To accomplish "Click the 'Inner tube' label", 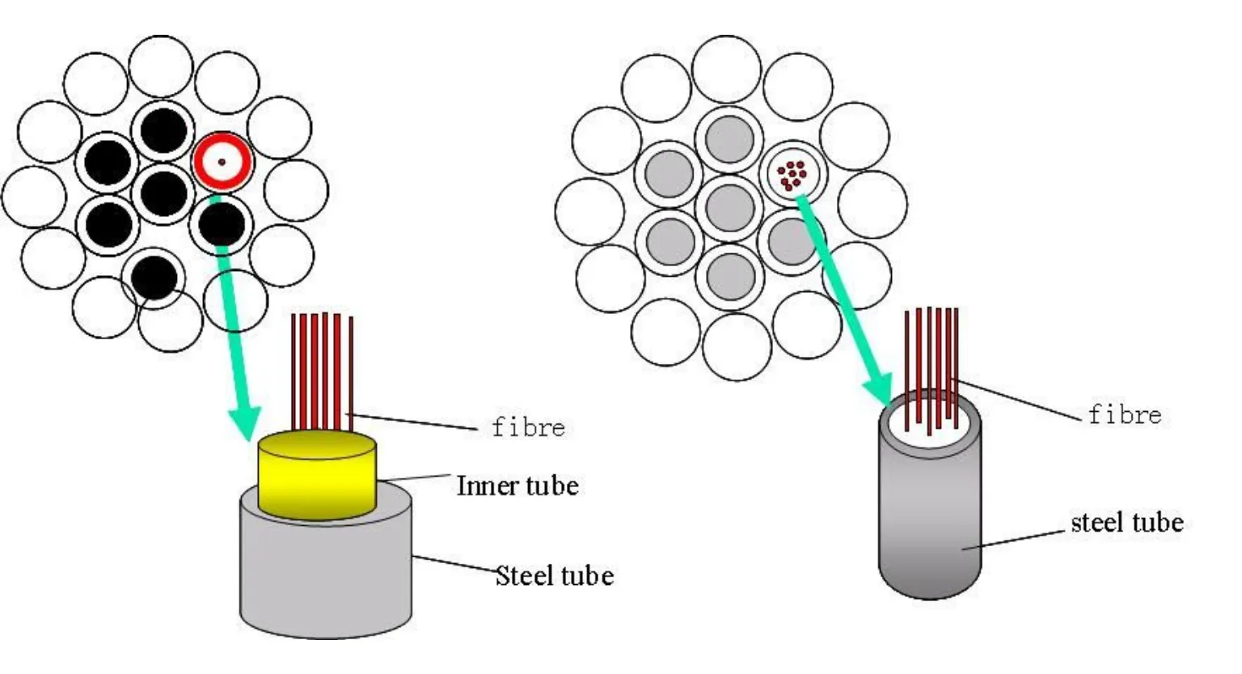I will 517,485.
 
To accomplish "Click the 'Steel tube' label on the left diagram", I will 555,575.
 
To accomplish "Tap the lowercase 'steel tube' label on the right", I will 1126,523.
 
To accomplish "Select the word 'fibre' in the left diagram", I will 528,426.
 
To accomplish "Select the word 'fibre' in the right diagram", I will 1125,415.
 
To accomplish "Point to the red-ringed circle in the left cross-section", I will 222,162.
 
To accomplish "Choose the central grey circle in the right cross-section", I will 729,207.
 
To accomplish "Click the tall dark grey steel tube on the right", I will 930,518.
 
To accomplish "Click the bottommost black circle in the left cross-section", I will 154,277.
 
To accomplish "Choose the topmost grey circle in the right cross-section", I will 729,138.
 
